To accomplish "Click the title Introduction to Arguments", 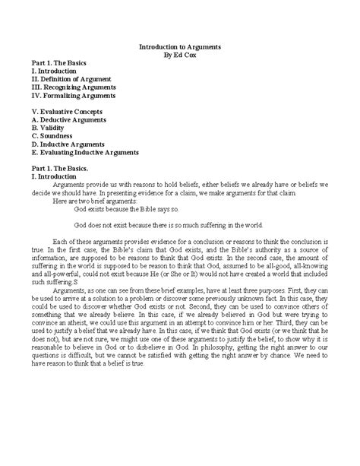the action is tap(180, 47).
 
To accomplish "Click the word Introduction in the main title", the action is tap(159, 47).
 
